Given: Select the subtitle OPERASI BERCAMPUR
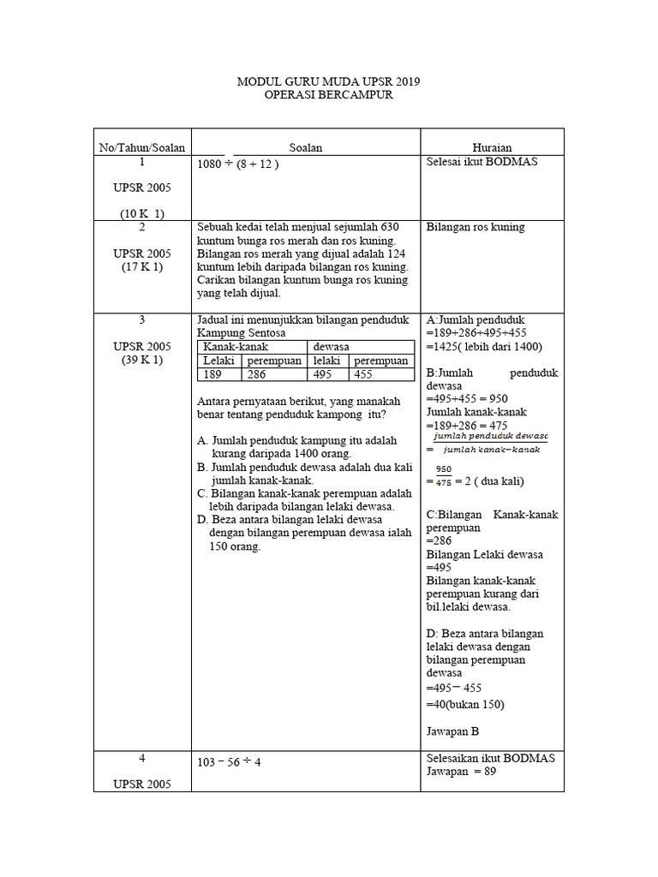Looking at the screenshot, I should (329, 95).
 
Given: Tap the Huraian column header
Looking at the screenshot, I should (492, 148).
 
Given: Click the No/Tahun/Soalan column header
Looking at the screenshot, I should (142, 148).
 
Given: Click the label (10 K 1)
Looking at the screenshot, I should (142, 213).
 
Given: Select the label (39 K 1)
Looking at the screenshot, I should (142, 360).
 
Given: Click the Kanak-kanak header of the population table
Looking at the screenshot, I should (236, 347).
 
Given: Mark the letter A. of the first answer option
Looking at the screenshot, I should (203, 440).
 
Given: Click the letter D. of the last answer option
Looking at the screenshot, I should (203, 520).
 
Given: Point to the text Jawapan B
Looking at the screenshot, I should (452, 731).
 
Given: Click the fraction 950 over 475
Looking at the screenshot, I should (443, 475).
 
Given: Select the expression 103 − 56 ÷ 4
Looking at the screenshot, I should (229, 762).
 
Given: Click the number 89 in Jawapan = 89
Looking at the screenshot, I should (488, 771).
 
